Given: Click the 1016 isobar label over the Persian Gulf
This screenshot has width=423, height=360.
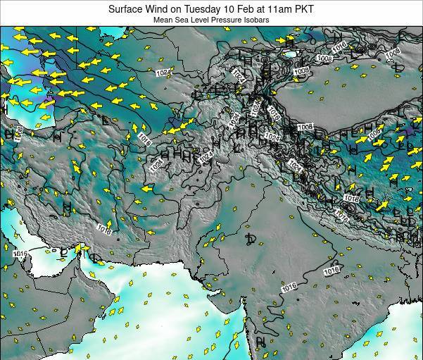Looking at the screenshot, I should (19, 254).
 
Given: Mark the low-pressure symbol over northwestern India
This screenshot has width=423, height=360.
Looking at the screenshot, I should (251, 241).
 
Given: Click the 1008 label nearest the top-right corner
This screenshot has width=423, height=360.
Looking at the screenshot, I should (393, 51).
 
